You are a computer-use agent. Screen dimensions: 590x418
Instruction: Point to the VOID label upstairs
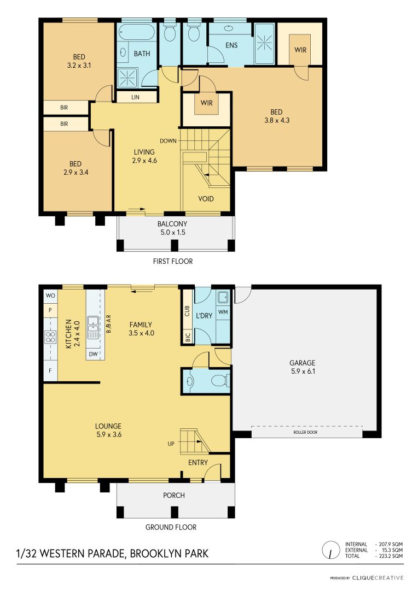(206, 199)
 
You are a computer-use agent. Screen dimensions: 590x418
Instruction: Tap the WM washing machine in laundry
(223, 312)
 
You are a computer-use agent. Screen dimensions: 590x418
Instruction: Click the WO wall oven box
(50, 296)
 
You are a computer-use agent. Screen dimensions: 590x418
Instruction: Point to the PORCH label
(174, 495)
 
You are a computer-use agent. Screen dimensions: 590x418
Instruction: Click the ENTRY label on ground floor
(198, 463)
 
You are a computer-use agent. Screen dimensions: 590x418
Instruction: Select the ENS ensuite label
(231, 45)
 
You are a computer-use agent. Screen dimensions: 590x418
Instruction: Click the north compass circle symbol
(330, 550)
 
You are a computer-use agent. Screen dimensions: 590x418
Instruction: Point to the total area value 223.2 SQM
(390, 556)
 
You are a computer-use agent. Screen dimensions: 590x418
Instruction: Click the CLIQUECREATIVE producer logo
(378, 577)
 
